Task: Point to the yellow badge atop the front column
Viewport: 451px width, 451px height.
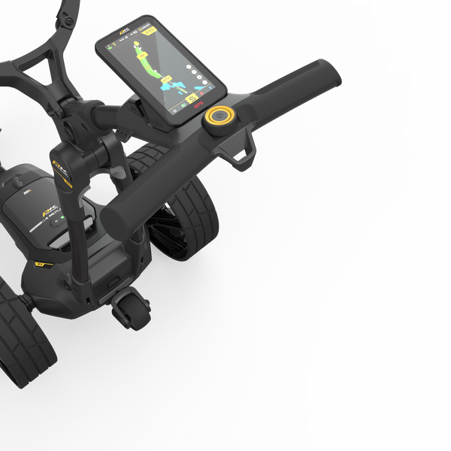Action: click(x=62, y=173)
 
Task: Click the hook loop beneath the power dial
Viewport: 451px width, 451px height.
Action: click(x=243, y=156)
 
